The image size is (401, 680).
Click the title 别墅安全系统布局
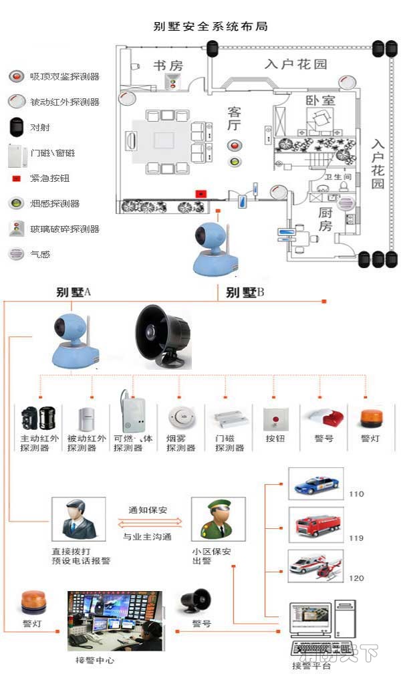[211, 27]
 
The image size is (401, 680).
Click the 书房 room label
[168, 66]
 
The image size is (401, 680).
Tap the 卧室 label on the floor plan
[321, 101]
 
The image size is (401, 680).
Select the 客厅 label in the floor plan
[234, 118]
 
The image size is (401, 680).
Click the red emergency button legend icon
[15, 179]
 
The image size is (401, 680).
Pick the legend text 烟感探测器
[55, 204]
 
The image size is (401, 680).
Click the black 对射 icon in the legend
[15, 127]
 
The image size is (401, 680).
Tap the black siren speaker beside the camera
[162, 336]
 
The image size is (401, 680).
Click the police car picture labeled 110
[315, 484]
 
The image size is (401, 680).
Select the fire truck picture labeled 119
[315, 524]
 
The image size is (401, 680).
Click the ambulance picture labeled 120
[315, 566]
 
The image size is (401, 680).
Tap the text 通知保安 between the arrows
[147, 510]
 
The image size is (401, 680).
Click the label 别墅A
[74, 292]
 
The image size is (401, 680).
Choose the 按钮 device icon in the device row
[275, 420]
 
